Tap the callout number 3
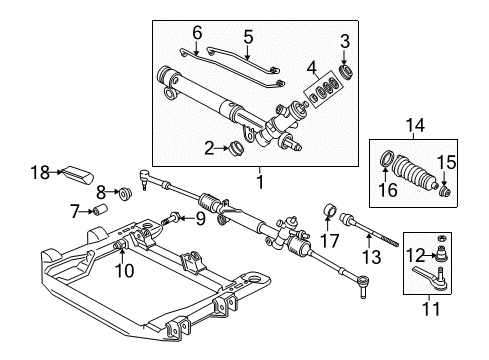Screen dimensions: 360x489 coord(345,40)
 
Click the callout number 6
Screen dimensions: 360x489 coord(196,33)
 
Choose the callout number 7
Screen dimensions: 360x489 coord(74,210)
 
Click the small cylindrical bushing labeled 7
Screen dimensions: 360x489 coord(100,210)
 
